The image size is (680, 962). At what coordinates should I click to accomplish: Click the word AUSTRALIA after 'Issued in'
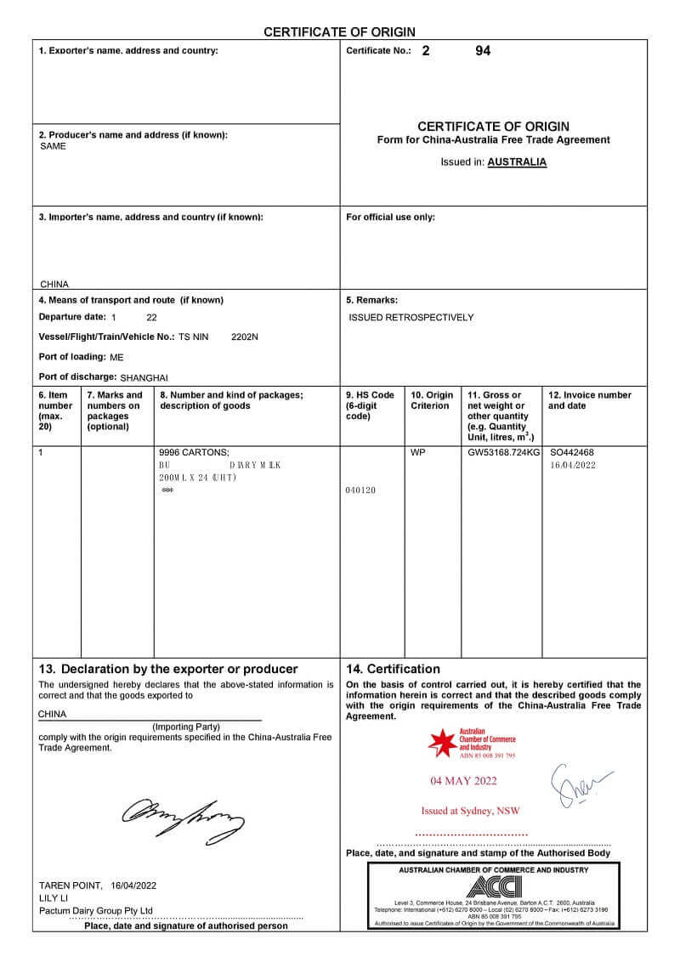click(517, 161)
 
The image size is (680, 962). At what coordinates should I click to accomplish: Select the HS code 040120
click(361, 490)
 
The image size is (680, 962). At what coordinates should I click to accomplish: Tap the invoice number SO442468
click(572, 453)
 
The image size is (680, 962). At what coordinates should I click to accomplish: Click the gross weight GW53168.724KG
click(503, 453)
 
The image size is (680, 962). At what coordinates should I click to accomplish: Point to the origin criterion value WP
click(417, 453)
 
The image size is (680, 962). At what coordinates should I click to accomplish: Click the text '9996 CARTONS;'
click(194, 453)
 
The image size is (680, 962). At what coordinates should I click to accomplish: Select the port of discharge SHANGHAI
click(144, 376)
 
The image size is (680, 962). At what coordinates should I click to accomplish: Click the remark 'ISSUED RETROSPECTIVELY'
click(411, 317)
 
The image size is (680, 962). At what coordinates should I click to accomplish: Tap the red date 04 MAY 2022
click(463, 781)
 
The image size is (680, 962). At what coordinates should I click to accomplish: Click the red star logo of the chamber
click(442, 742)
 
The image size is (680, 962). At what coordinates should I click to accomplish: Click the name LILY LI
click(54, 897)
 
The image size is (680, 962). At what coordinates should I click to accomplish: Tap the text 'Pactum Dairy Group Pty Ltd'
click(96, 910)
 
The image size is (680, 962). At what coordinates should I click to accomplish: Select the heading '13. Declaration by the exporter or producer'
click(168, 669)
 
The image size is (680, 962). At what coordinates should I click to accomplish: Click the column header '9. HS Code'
click(370, 395)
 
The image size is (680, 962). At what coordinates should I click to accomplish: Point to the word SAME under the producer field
click(53, 146)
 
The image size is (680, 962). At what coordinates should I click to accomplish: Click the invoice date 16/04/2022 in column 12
click(573, 465)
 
